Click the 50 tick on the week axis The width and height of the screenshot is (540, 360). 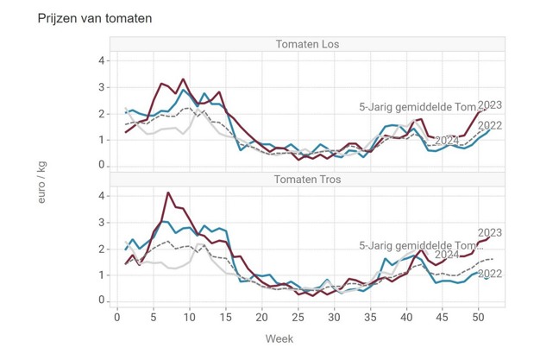coord(477,318)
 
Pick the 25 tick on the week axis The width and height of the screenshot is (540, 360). coord(298,318)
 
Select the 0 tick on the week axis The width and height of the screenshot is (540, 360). coord(118,318)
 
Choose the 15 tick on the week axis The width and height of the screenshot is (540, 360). coord(226,318)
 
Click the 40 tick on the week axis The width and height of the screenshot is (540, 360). coord(405,318)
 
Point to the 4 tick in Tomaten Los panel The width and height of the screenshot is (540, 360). coord(102,61)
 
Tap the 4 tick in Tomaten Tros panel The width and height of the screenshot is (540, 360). coord(102,196)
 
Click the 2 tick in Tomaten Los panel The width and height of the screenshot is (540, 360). coord(102,113)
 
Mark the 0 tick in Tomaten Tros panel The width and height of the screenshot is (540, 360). coord(102,300)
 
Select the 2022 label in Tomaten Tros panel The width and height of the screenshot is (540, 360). coord(489,274)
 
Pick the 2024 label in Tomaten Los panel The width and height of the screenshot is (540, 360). coord(446,140)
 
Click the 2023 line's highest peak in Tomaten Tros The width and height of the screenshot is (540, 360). coord(168,193)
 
